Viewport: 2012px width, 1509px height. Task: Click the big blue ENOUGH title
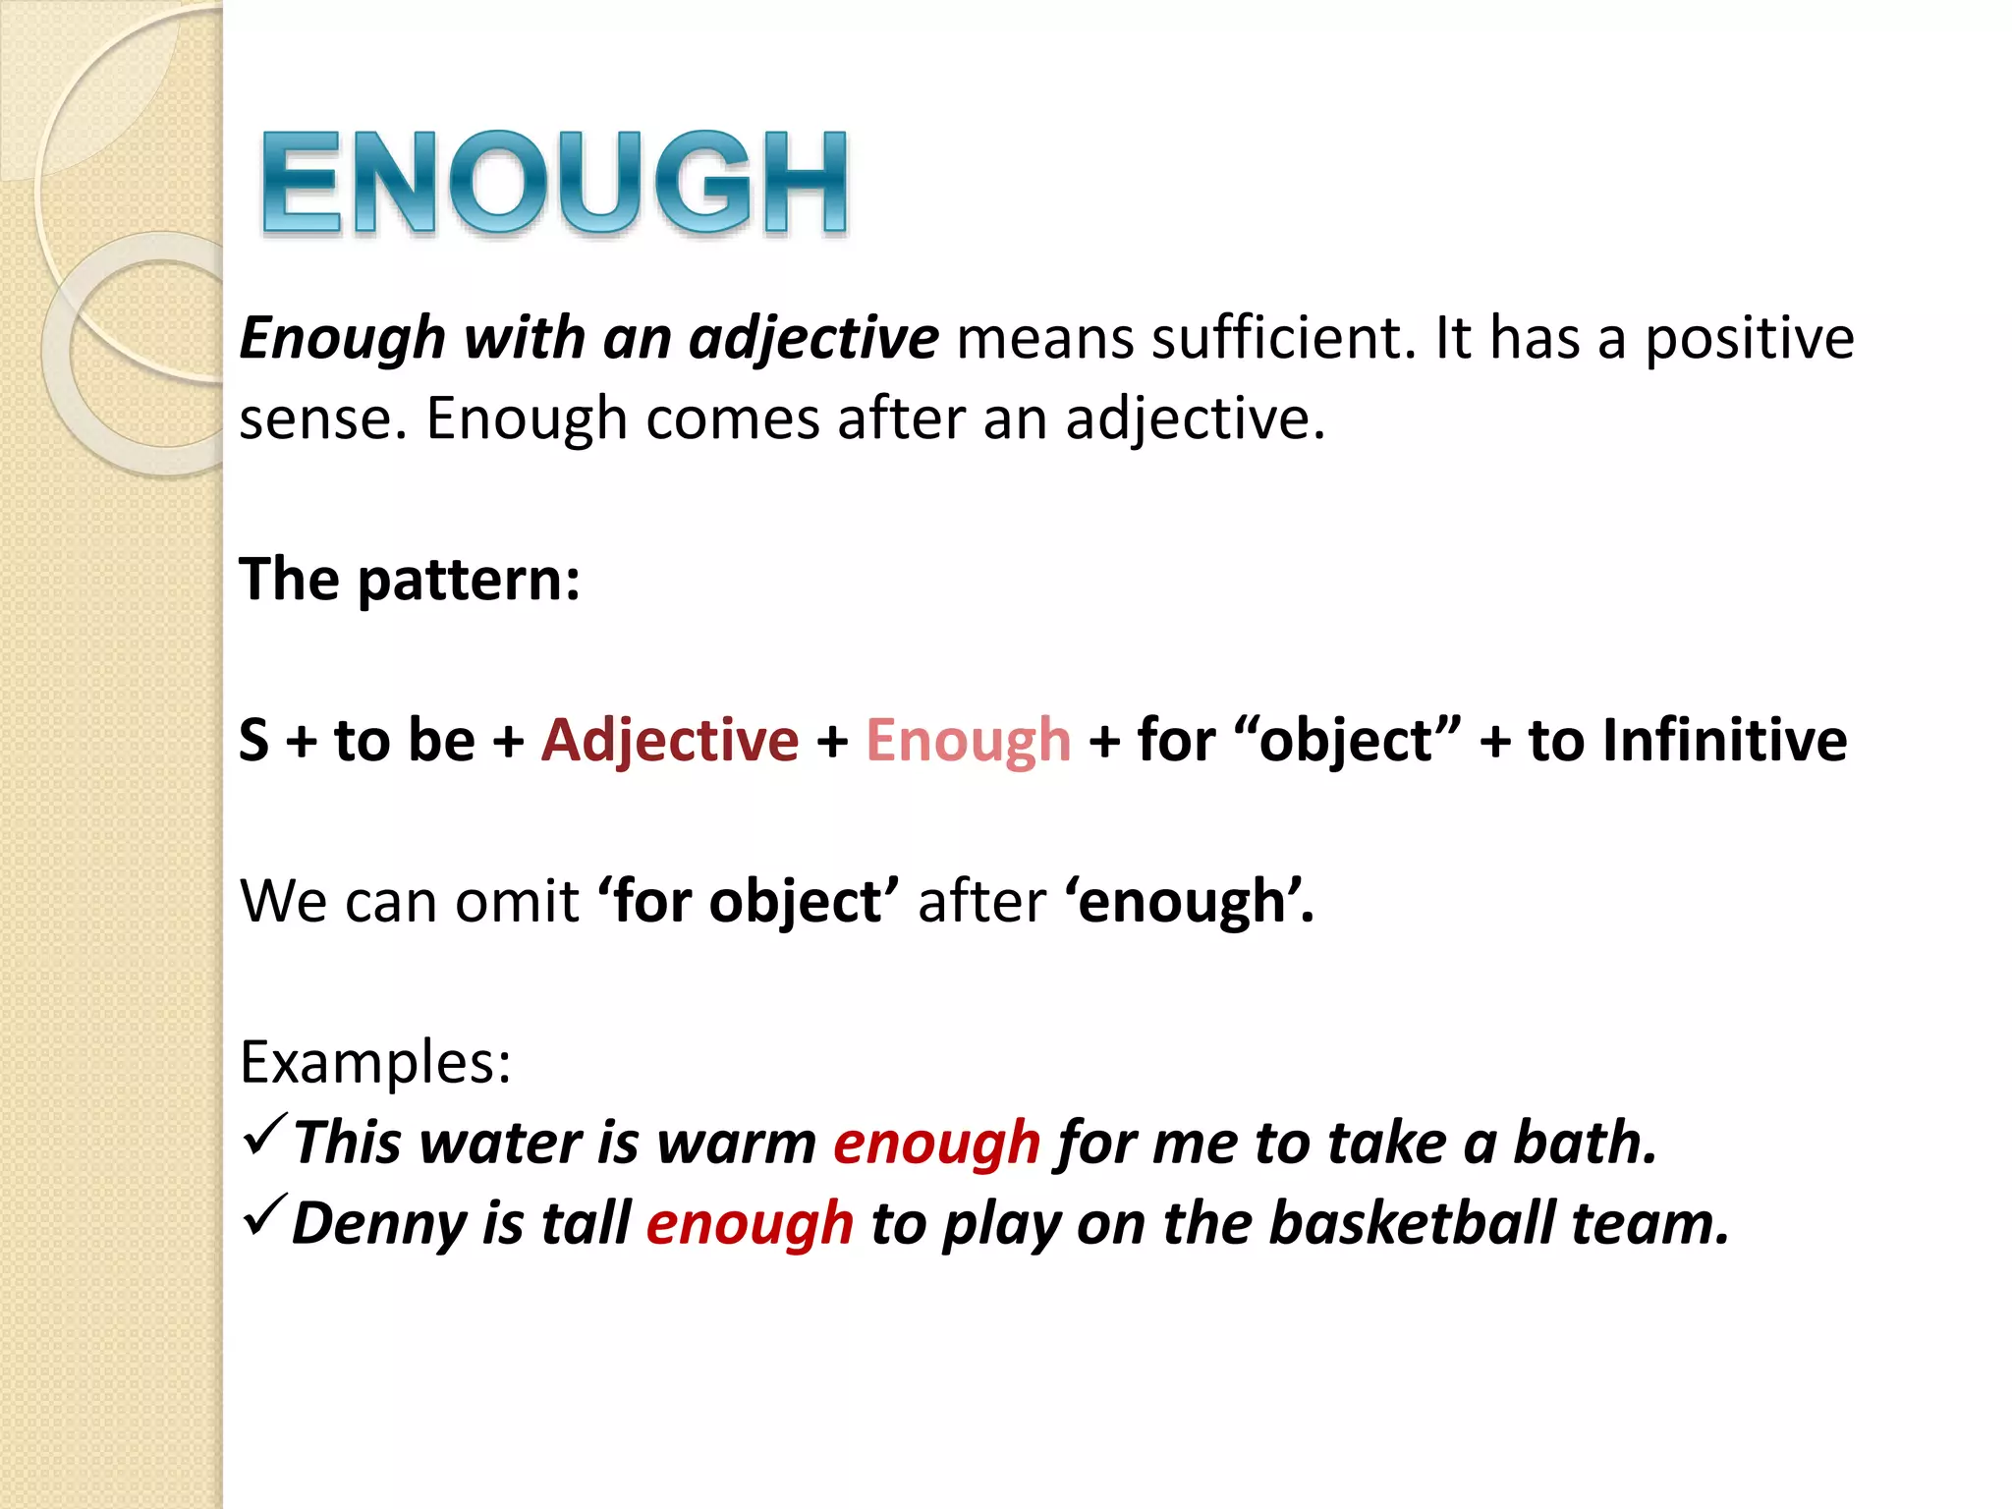554,184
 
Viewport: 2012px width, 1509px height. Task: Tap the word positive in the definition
1750,340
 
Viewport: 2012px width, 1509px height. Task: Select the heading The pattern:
410,579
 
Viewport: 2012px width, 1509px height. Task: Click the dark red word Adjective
670,740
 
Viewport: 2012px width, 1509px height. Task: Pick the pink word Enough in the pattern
968,740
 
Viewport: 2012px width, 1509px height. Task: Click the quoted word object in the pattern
1345,740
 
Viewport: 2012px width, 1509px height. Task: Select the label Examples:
375,1062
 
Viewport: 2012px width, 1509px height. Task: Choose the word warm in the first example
736,1144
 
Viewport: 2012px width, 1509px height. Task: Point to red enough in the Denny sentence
750,1225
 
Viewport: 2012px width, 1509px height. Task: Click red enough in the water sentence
936,1145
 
